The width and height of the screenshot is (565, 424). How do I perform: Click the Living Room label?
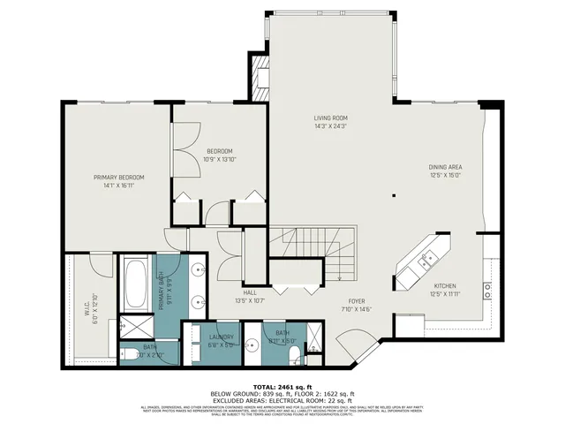[331, 117]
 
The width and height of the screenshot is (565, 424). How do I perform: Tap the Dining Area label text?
[445, 167]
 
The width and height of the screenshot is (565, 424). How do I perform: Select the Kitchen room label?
[445, 285]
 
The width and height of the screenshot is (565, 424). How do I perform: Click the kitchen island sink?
[426, 259]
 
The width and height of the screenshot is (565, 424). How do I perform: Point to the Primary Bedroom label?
[119, 178]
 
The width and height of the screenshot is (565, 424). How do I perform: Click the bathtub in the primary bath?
[136, 282]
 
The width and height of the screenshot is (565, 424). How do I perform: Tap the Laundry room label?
[221, 337]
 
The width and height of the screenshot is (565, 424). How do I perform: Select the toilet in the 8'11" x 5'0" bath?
[292, 352]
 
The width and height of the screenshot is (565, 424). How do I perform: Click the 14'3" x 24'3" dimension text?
[331, 126]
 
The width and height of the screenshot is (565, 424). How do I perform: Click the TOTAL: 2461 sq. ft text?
[282, 387]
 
